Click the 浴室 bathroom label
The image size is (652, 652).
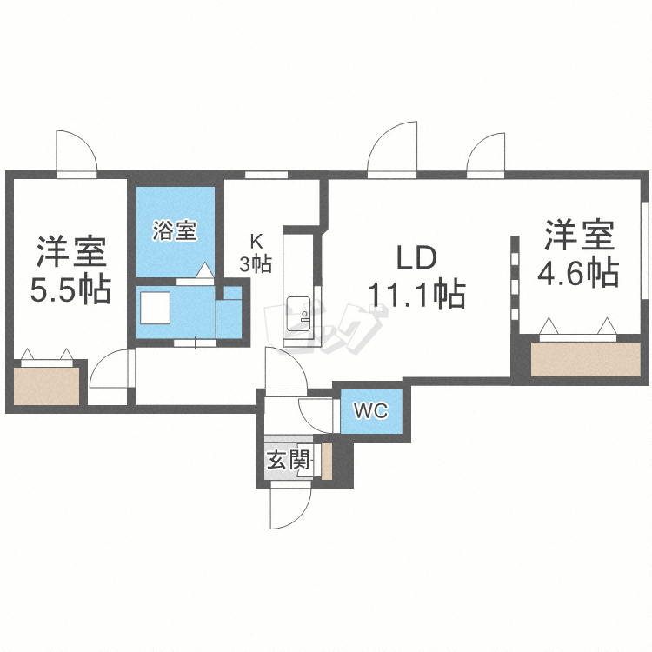175,231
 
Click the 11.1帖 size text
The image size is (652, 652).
416,296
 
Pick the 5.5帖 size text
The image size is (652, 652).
70,289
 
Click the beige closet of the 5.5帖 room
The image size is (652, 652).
47,384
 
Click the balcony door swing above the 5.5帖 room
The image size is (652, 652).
76,153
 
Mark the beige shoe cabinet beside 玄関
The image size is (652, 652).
326,461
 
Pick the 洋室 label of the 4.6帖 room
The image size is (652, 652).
580,236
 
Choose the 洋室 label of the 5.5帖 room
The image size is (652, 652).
71,251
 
